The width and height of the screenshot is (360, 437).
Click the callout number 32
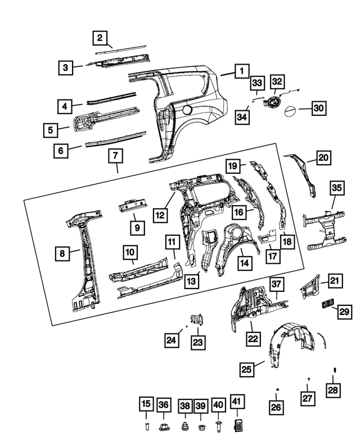click(277, 82)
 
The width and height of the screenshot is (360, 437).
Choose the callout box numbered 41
click(237, 404)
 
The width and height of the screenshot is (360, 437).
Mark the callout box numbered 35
click(336, 187)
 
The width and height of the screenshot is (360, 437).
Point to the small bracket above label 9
click(130, 206)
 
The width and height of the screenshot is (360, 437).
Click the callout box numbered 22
click(253, 339)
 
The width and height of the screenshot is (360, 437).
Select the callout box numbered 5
click(51, 130)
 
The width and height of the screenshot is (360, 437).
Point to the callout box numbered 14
click(245, 262)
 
